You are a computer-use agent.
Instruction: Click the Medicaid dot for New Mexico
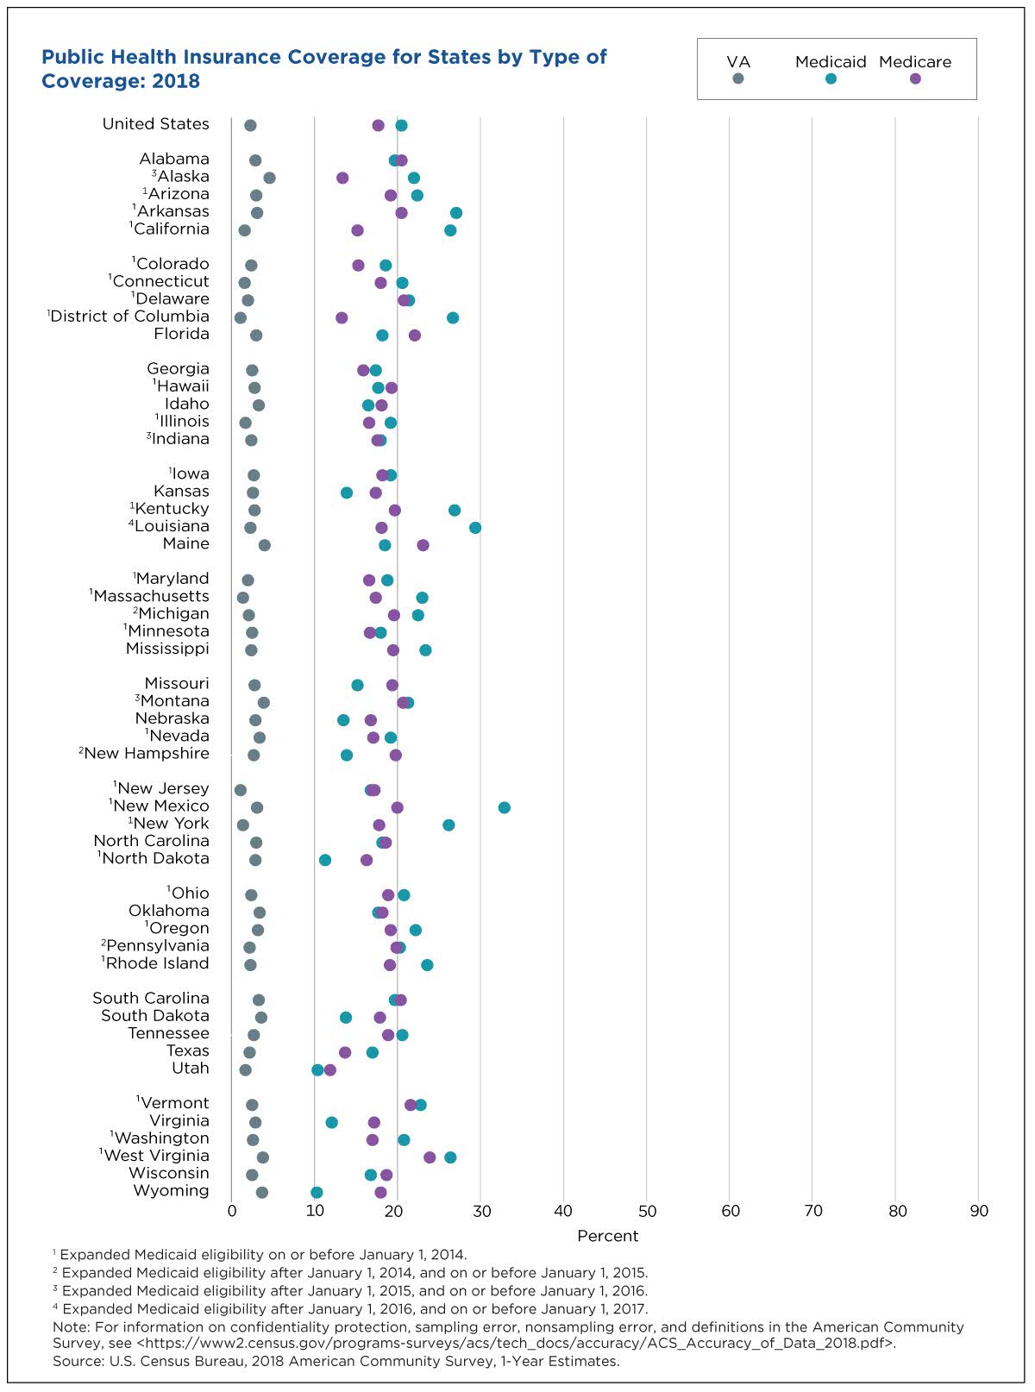(504, 807)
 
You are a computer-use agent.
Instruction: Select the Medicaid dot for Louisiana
(475, 527)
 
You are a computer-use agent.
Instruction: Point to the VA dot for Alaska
(269, 178)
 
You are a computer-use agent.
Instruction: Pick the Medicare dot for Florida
(414, 335)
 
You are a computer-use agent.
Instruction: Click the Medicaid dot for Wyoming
(317, 1192)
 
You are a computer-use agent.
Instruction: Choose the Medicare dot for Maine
(423, 545)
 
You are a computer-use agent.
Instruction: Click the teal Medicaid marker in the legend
(831, 78)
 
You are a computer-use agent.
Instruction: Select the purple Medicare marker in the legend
(915, 78)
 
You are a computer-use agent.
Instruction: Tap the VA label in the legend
(738, 62)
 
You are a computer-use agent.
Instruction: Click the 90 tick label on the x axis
(979, 1211)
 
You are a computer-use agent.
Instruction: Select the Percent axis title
(607, 1236)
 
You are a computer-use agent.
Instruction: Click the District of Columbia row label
(129, 316)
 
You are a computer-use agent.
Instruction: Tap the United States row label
(155, 123)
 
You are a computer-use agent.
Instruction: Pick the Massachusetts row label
(151, 596)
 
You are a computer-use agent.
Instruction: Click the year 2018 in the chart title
(176, 81)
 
